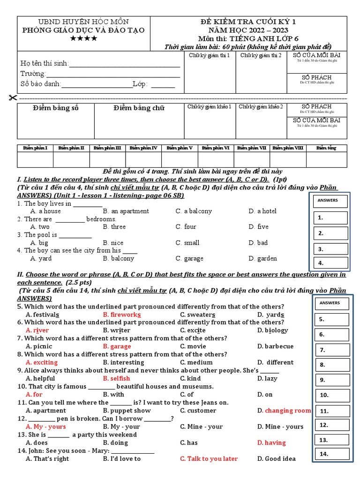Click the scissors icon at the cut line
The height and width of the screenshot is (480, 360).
[x=12, y=97]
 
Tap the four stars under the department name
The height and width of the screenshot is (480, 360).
[x=83, y=38]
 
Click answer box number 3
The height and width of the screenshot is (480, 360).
[x=330, y=249]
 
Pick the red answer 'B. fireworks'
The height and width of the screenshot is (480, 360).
[x=122, y=315]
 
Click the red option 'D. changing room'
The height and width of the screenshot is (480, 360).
[x=284, y=411]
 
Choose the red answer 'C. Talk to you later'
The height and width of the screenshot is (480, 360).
[x=209, y=459]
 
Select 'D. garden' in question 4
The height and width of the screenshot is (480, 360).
[x=263, y=258]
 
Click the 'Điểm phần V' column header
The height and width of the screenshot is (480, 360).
[x=180, y=148]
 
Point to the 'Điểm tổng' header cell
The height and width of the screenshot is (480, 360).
[x=326, y=148]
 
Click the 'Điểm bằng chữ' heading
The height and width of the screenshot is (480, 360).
[x=139, y=108]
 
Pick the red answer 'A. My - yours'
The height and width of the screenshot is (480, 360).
[x=46, y=427]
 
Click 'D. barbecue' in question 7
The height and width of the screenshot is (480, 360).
[x=276, y=346]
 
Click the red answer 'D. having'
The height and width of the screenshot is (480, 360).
[x=271, y=443]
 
